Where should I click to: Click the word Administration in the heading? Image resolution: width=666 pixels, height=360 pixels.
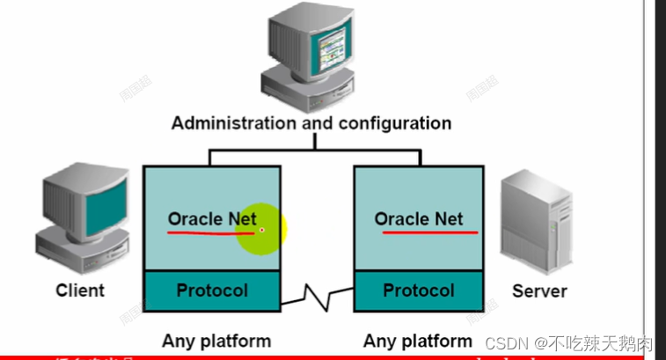[233, 122]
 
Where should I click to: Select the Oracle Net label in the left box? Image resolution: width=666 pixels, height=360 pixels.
[212, 218]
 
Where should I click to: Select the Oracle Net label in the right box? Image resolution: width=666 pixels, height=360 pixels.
[419, 218]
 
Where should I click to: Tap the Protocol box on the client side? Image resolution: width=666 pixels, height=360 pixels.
[212, 290]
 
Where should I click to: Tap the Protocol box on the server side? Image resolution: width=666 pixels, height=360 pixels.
[419, 290]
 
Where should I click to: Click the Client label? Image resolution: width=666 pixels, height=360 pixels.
[80, 290]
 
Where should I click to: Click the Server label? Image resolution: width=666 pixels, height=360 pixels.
[539, 290]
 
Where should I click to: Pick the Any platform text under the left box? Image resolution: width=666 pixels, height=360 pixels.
[216, 341]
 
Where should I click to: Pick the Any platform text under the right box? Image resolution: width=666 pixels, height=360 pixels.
[418, 341]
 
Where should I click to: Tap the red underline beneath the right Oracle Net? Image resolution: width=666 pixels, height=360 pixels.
[426, 233]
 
